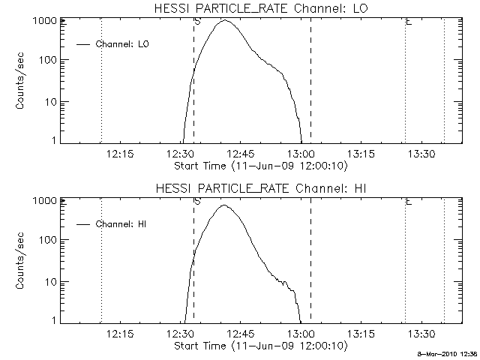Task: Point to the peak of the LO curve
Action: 226,20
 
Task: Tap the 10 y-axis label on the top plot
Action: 51,102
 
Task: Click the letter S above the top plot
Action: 196,22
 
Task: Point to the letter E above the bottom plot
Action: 408,201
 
